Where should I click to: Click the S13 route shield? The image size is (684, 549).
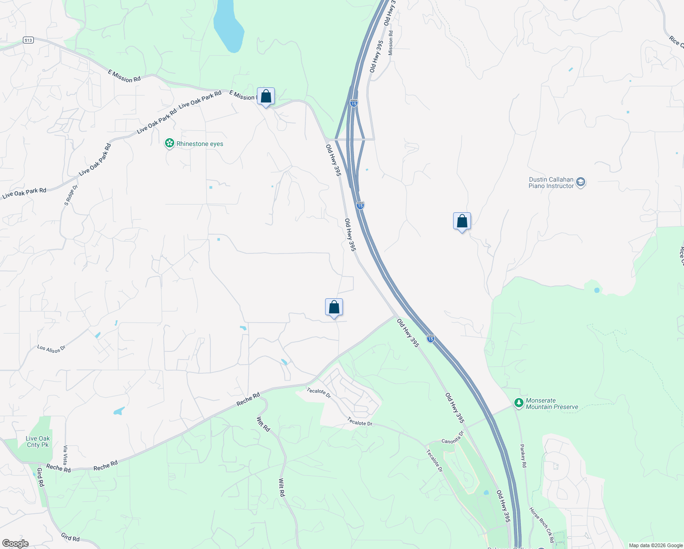tap(28, 40)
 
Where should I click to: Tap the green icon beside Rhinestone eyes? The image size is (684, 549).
tap(170, 144)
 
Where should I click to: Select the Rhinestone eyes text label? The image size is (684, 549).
tap(200, 144)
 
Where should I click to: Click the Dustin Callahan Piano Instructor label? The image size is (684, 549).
tap(551, 183)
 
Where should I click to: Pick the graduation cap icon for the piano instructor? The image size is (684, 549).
tap(581, 183)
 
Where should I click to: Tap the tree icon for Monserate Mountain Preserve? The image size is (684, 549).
tap(518, 403)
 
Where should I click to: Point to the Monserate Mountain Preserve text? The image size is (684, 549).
tap(552, 404)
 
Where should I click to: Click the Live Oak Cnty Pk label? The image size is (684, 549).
tap(38, 441)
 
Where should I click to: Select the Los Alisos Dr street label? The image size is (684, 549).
tap(52, 349)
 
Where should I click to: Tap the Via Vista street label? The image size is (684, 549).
tap(65, 455)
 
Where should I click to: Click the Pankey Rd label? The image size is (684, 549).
tap(524, 456)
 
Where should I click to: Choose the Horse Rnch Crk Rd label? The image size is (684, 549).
tap(541, 525)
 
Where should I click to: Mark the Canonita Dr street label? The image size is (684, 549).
tap(453, 437)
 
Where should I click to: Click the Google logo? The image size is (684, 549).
tap(15, 544)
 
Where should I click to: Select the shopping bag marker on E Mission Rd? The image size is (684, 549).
tap(266, 97)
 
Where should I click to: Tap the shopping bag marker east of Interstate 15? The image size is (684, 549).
tap(462, 222)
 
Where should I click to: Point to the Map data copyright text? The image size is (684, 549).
tap(656, 545)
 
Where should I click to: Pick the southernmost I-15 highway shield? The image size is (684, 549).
tap(431, 339)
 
